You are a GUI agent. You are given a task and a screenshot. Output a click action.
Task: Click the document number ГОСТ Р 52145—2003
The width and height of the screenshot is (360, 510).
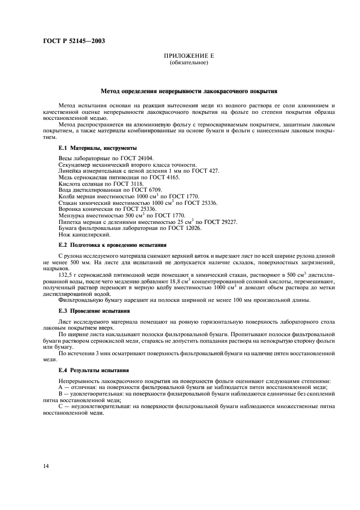pyautogui.click(x=74, y=41)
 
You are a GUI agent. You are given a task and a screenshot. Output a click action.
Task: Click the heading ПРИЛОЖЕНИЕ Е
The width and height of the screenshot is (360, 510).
pyautogui.click(x=188, y=57)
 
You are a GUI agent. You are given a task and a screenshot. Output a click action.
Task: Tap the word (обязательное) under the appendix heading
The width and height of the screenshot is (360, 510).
pyautogui.click(x=188, y=63)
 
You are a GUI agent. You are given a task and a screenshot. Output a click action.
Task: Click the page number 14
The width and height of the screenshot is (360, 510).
pyautogui.click(x=45, y=466)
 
